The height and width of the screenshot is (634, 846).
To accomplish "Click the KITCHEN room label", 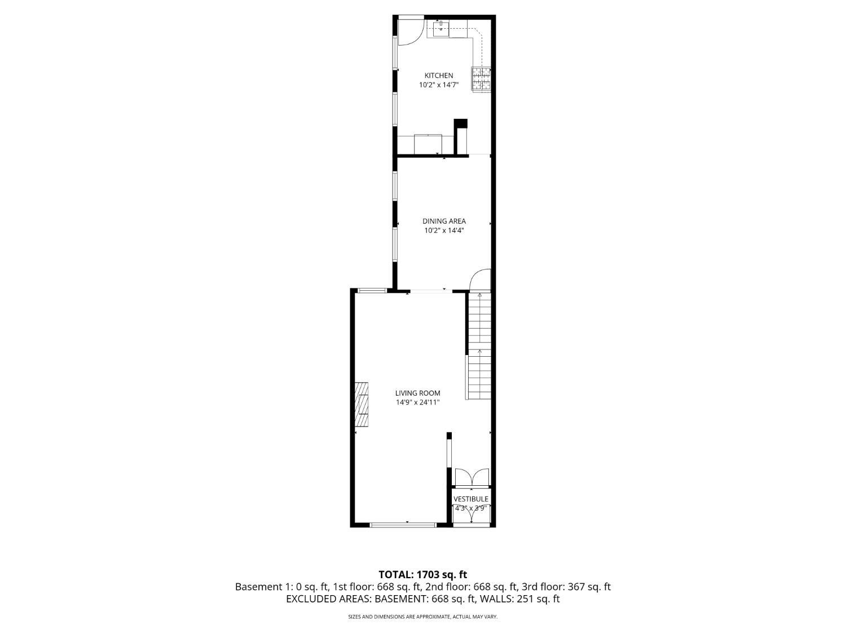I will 438,76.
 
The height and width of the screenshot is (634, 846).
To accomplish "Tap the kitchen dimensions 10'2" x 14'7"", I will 438,86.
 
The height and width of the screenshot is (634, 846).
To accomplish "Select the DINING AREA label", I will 444,221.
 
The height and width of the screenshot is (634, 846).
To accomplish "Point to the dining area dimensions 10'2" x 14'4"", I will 444,230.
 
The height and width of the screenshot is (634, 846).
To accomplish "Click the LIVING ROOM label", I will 417,393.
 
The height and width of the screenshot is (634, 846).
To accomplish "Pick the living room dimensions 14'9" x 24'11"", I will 417,402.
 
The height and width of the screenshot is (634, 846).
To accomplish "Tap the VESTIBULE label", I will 471,499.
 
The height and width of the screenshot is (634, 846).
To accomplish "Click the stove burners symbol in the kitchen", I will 481,79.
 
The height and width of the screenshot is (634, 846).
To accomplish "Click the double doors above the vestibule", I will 472,477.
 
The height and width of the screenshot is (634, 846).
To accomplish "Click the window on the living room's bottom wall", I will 403,525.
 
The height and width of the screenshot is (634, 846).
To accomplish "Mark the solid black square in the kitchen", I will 461,124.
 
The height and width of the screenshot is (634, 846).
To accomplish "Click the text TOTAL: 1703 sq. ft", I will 422,575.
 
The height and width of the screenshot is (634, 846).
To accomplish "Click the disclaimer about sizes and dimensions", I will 422,617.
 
